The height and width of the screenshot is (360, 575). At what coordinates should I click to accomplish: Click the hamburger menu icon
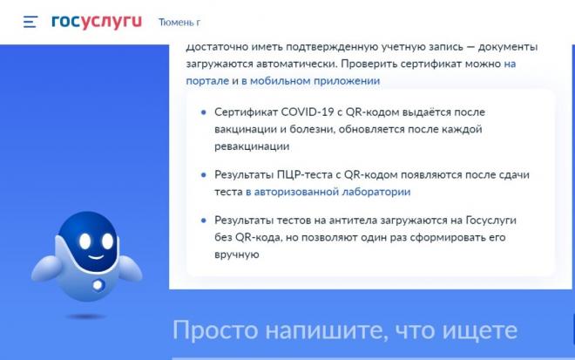click(x=30, y=22)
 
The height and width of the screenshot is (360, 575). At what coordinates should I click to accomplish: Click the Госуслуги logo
click(x=97, y=22)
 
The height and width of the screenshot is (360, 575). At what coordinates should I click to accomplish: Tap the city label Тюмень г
click(x=179, y=23)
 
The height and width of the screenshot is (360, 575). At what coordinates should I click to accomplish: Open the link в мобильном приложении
click(x=310, y=81)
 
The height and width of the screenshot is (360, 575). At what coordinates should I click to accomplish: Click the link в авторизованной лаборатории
click(x=328, y=192)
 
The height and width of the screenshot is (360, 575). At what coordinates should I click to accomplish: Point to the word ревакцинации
click(x=252, y=146)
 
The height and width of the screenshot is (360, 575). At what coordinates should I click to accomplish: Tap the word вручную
click(x=236, y=255)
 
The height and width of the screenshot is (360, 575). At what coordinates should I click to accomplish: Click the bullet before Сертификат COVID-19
click(x=204, y=112)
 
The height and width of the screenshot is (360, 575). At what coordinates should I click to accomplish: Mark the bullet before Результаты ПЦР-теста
click(x=204, y=175)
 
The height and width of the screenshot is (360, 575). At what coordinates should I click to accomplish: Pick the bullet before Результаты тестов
click(x=204, y=221)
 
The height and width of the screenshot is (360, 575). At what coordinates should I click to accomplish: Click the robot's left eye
click(x=85, y=241)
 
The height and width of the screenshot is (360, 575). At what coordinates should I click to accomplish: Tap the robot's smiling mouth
click(x=96, y=256)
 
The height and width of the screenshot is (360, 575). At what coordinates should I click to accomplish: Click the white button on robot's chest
click(x=98, y=285)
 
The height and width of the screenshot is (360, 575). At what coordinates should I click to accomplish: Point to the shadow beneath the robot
click(x=86, y=316)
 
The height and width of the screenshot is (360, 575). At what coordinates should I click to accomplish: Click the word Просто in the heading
click(x=215, y=330)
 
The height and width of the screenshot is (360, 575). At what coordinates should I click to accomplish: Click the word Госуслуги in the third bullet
click(x=491, y=221)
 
